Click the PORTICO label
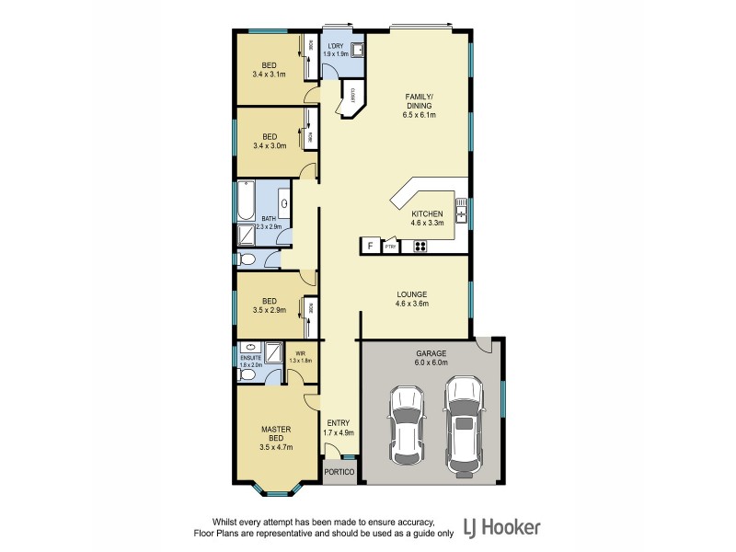click(339, 472)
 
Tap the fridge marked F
click(370, 246)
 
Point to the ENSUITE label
click(250, 359)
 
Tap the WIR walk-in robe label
click(300, 355)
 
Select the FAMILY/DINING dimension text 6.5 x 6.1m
click(419, 115)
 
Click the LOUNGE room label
click(413, 293)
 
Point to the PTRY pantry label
click(390, 247)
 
